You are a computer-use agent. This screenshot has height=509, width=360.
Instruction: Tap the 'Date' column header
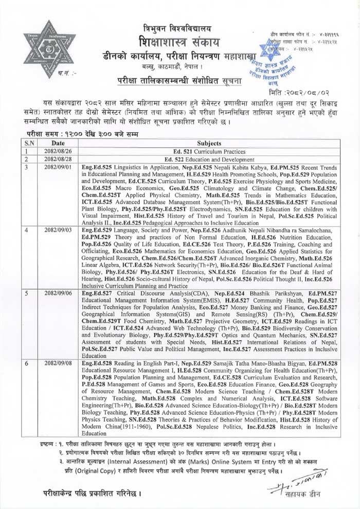[58, 144]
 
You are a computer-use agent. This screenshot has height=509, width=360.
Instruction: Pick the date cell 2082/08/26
[58, 152]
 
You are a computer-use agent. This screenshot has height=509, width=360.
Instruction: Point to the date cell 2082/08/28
[58, 160]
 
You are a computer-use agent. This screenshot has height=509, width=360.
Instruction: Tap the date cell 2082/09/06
[58, 292]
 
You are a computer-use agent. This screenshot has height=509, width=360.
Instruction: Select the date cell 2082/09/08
[58, 363]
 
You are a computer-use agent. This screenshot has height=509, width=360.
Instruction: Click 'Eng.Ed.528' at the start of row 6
[98, 363]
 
